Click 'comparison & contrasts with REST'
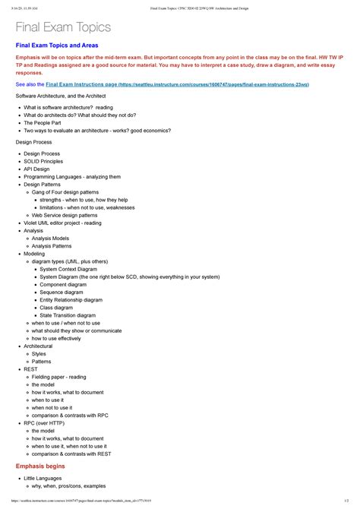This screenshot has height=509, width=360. click(x=74, y=453)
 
